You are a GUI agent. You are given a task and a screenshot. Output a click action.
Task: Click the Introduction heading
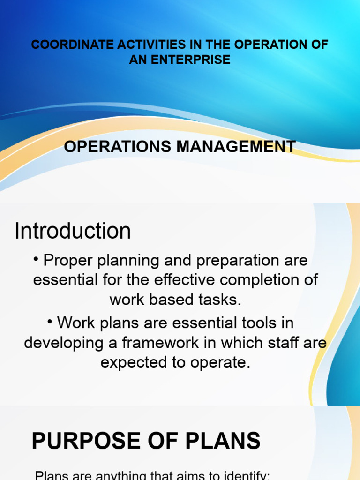click(x=73, y=231)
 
